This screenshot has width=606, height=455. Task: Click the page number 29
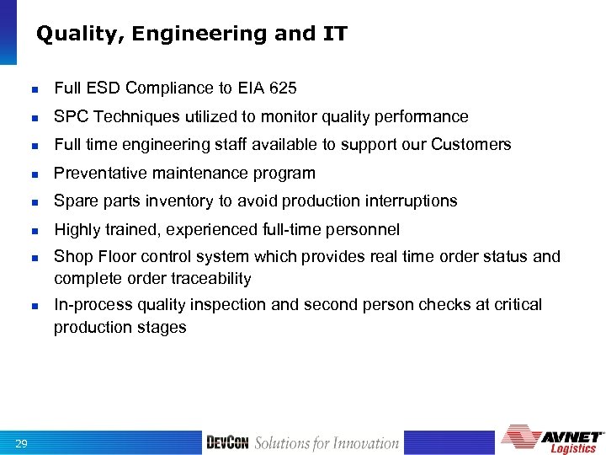(x=22, y=443)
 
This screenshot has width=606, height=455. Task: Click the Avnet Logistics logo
(x=553, y=440)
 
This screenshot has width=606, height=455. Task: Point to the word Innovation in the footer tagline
(x=364, y=443)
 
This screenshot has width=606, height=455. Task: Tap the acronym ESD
(x=105, y=88)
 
